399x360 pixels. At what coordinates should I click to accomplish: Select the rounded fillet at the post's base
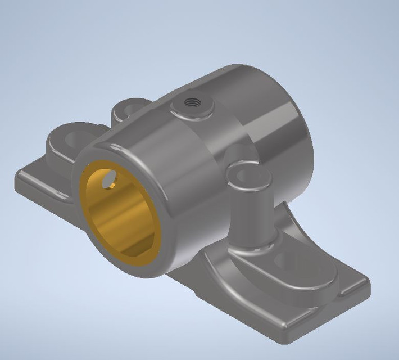(x=253, y=247)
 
